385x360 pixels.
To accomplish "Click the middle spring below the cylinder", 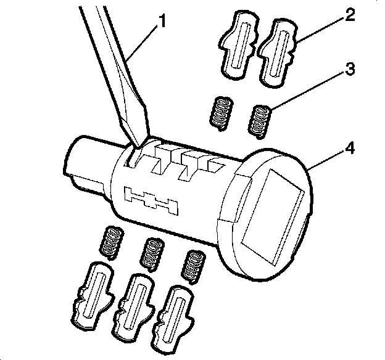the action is (x=152, y=253).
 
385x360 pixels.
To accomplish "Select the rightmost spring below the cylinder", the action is (x=194, y=265).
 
